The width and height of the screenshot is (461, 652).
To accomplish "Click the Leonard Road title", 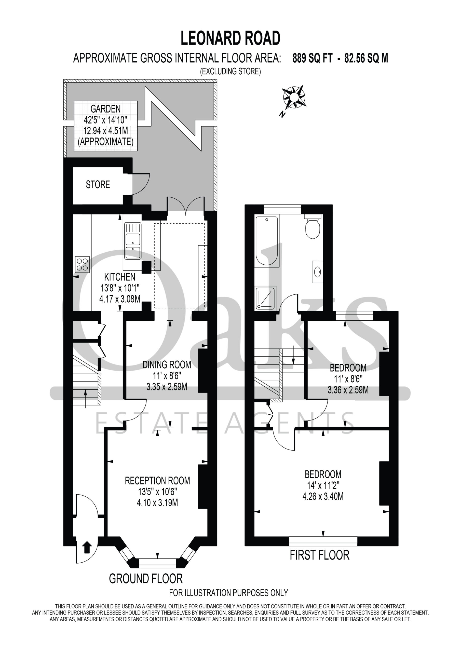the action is [230, 38].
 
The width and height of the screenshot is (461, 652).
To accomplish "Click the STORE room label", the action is [98, 185].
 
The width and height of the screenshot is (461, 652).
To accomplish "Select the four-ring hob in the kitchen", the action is [82, 264].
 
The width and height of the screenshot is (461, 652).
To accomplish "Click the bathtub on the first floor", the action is [267, 241].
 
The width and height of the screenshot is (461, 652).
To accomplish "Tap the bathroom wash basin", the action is [317, 272].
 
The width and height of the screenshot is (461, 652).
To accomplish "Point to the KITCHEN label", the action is [120, 277].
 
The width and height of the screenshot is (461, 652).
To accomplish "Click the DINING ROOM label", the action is [167, 365].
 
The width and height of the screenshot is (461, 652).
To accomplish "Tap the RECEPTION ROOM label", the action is [157, 481].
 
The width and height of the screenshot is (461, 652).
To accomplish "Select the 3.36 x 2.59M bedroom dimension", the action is [348, 390].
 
